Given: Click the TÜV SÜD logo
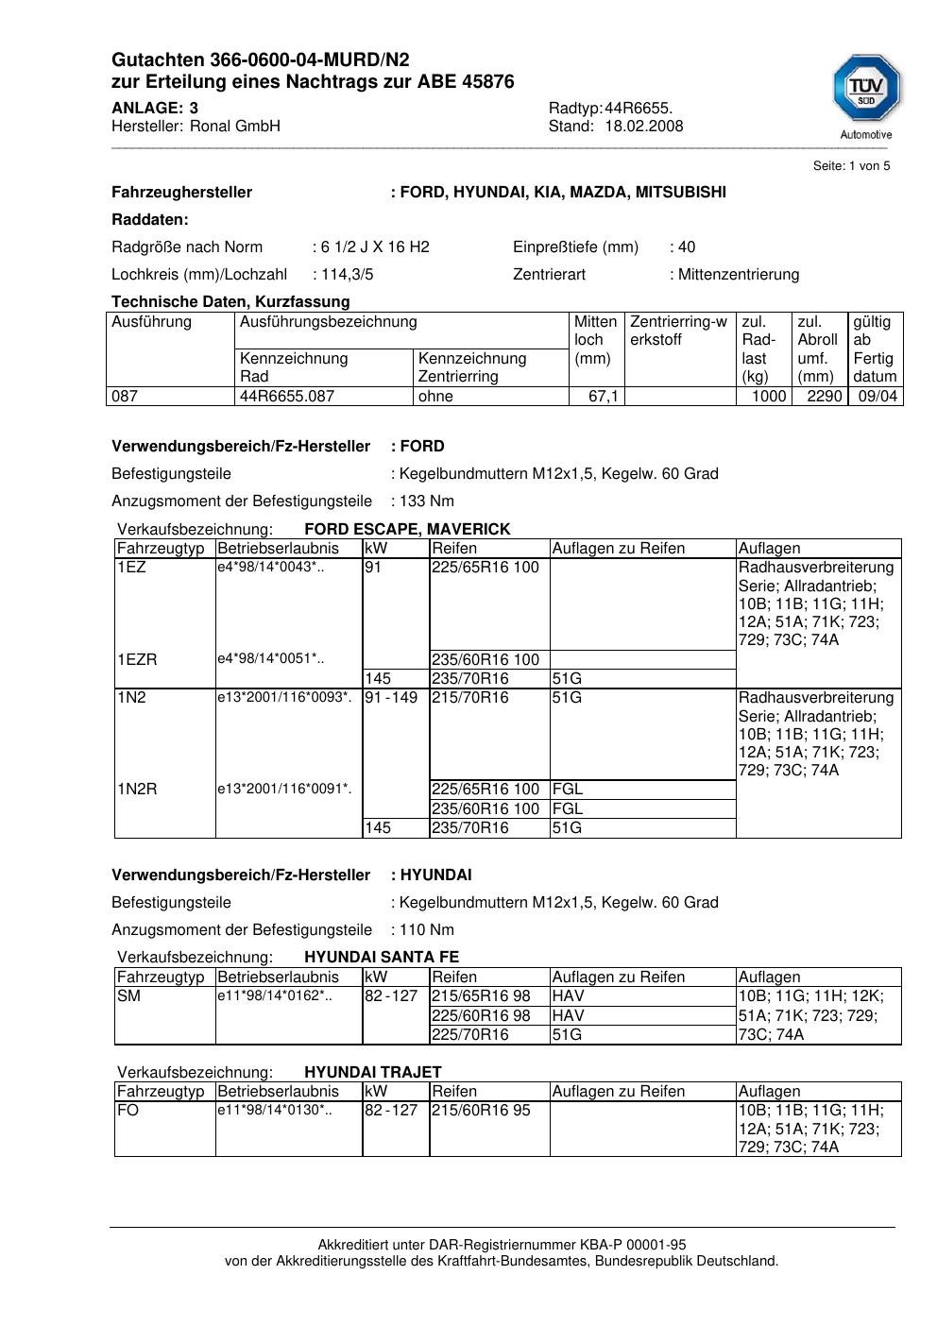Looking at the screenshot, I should pos(866,91).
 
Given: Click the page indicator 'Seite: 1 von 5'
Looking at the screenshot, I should pos(851,166).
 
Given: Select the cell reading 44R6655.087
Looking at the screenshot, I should pos(287,397).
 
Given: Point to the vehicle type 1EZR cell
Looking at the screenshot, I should pos(137,660).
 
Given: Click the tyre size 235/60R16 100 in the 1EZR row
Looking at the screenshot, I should pos(486,660).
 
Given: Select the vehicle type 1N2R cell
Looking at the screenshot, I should pos(137,790).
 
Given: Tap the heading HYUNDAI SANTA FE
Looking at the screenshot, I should pos(382,958).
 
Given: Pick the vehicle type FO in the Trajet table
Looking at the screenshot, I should pos(128,1111).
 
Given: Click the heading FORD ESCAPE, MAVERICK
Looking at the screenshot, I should pos(407,530).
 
